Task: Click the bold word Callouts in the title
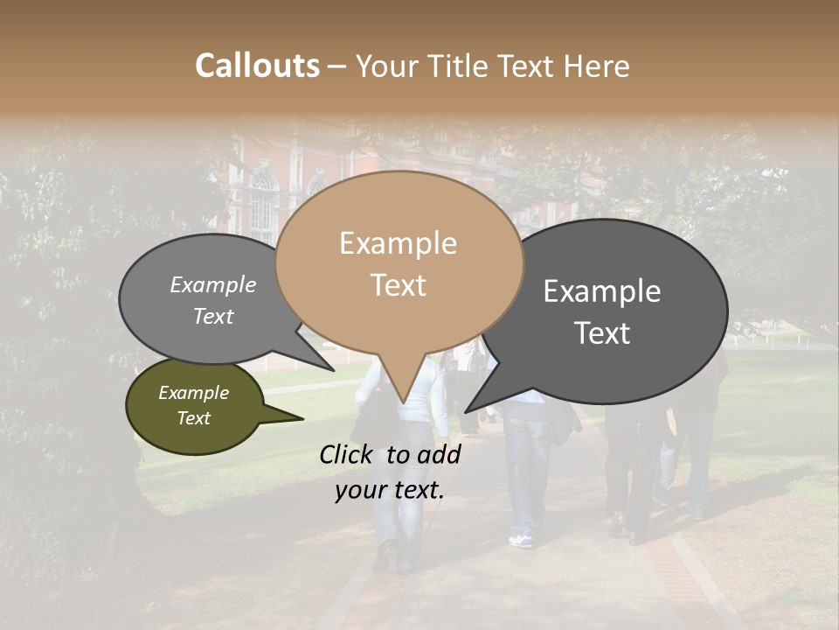click(257, 66)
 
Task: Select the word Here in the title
click(598, 66)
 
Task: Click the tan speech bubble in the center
click(399, 262)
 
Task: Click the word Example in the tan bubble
click(398, 243)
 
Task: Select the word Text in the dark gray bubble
click(603, 333)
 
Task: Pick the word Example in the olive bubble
click(193, 393)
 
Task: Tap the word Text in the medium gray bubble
click(213, 316)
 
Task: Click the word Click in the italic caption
click(347, 454)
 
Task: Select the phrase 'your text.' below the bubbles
click(390, 490)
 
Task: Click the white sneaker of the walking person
click(521, 541)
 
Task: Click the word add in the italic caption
click(440, 454)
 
